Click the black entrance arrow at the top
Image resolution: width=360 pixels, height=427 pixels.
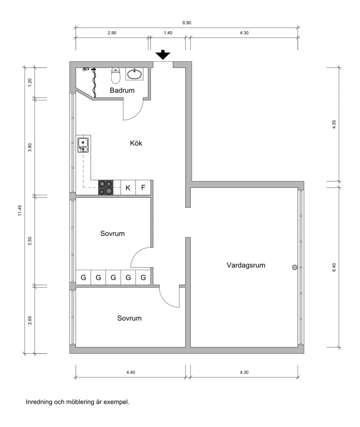point(163,55)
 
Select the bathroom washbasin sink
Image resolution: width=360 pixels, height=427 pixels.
point(135,74)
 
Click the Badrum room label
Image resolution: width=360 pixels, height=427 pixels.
point(122,90)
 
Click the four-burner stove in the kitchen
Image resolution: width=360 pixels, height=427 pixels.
point(106,187)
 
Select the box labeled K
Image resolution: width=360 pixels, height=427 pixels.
point(128,188)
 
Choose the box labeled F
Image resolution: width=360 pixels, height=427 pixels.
point(143,188)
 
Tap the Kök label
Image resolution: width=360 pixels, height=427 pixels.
point(136,143)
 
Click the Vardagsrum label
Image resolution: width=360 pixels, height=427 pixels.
point(246,265)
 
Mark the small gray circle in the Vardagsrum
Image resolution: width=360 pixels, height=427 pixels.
point(295,267)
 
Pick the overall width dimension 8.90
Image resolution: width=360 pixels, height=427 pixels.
point(187,22)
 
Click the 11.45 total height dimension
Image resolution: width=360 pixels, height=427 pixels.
point(19,211)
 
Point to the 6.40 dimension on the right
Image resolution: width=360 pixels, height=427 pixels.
point(334,267)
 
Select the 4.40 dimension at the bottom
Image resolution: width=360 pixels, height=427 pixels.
point(130,372)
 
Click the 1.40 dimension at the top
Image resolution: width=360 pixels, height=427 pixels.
point(167,33)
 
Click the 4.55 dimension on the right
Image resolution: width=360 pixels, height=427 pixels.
point(334,125)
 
